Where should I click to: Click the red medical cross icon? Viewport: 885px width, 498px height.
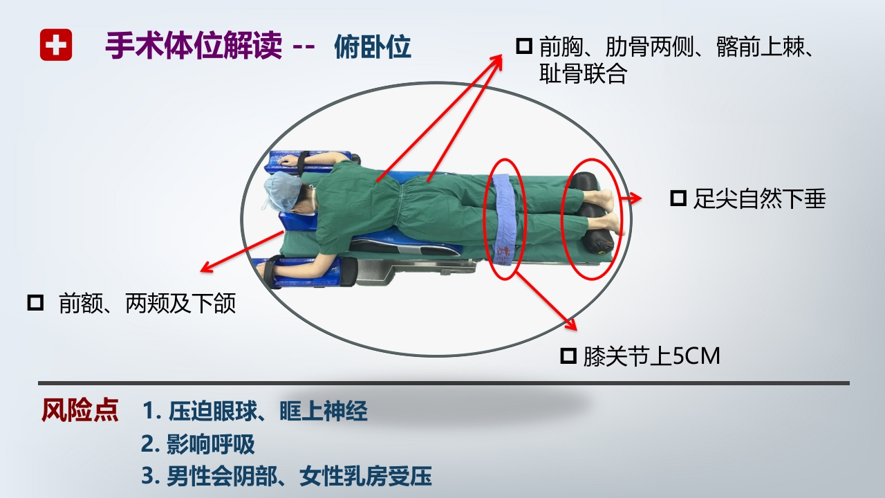pyautogui.click(x=56, y=45)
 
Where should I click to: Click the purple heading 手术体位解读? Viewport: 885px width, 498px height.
pyautogui.click(x=194, y=46)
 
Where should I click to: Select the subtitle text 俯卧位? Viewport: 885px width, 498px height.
pyautogui.click(x=373, y=46)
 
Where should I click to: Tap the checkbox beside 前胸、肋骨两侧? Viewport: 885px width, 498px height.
pyautogui.click(x=524, y=46)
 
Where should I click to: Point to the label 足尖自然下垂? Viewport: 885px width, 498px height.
pyautogui.click(x=759, y=199)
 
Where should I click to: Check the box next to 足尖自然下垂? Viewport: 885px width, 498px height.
pyautogui.click(x=678, y=199)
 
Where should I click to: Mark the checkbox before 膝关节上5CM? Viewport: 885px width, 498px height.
pyautogui.click(x=568, y=356)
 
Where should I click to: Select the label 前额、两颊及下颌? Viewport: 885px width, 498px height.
pyautogui.click(x=147, y=303)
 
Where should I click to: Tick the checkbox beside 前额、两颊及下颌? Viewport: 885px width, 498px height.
pyautogui.click(x=35, y=302)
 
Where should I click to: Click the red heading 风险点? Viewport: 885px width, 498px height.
pyautogui.click(x=80, y=411)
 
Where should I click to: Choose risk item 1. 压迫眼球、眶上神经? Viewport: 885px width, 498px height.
pyautogui.click(x=254, y=412)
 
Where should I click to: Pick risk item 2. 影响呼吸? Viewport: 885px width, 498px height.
pyautogui.click(x=198, y=444)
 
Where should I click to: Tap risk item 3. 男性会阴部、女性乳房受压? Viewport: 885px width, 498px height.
pyautogui.click(x=286, y=476)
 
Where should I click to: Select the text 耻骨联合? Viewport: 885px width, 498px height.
pyautogui.click(x=582, y=74)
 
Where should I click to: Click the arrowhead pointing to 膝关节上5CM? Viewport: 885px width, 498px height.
pyautogui.click(x=571, y=326)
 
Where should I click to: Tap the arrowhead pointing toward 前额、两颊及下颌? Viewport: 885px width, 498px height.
pyautogui.click(x=203, y=269)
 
